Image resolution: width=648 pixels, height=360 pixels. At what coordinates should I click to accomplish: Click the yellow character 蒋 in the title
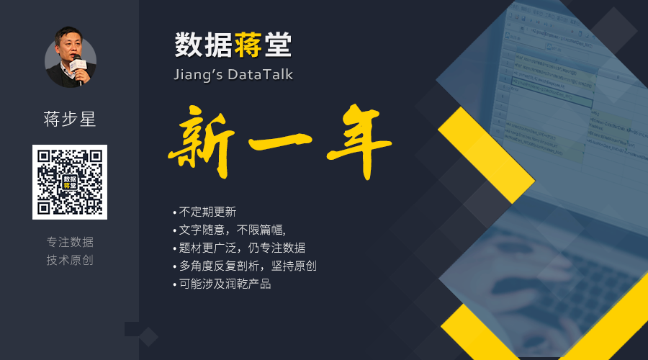point(248,45)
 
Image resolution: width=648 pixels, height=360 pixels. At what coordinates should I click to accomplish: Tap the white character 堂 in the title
point(278,45)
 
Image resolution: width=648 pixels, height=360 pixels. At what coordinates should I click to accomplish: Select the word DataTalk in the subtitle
point(260,74)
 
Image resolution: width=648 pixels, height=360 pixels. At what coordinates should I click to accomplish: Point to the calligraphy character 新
point(202,142)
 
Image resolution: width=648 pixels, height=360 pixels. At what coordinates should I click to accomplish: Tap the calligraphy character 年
point(359,141)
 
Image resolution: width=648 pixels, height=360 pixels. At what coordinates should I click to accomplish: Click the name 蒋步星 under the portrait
point(70,119)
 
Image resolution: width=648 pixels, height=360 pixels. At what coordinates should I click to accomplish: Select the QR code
point(70,182)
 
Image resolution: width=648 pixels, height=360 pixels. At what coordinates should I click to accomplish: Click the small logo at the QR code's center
point(70,182)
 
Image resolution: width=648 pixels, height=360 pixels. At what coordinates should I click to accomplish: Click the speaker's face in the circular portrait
point(68,45)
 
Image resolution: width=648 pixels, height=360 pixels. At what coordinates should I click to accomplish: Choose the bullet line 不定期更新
point(204,212)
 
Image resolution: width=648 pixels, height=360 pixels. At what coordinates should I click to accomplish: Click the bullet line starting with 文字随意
point(230,230)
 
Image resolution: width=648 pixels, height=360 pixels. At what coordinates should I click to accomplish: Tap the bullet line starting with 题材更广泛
point(239,248)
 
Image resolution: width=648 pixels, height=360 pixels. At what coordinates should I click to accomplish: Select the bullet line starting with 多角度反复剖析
point(245,266)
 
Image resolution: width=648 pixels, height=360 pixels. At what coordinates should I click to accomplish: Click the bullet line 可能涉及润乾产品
point(222,284)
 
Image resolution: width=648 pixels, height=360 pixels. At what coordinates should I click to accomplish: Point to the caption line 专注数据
point(70,242)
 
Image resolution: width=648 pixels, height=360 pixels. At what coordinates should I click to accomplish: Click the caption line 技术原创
point(70,260)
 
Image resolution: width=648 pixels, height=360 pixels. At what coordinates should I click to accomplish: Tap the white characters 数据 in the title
point(203,45)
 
